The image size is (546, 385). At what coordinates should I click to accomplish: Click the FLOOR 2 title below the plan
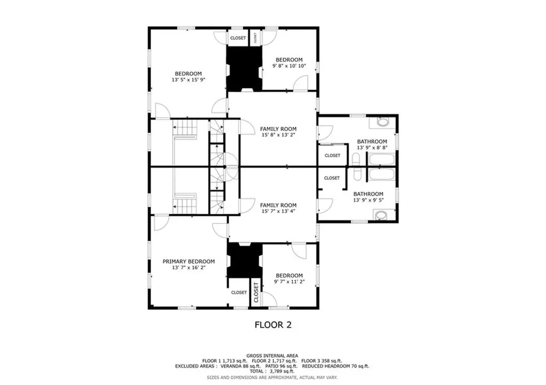click(x=273, y=325)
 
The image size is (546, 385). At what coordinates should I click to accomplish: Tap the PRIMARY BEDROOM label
click(x=189, y=261)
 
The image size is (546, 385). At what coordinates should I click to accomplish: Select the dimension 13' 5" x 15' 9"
click(x=188, y=79)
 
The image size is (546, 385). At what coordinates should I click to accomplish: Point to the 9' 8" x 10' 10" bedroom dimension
click(x=289, y=66)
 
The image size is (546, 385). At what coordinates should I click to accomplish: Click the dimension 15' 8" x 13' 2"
click(x=278, y=135)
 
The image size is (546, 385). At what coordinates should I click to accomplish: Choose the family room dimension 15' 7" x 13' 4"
click(x=278, y=211)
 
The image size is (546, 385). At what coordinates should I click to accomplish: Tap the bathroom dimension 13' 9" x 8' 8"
click(x=372, y=148)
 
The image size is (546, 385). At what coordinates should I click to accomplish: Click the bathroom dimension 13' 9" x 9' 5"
click(x=368, y=200)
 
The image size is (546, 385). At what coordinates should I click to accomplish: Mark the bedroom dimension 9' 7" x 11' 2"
click(x=290, y=282)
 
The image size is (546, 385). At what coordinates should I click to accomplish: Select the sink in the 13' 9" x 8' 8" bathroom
click(x=383, y=123)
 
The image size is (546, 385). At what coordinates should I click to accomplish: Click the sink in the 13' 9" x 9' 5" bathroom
click(x=381, y=215)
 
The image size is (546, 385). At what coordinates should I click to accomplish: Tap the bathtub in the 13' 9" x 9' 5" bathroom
click(x=381, y=174)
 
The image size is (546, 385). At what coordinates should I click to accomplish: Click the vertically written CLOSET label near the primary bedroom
click(x=256, y=292)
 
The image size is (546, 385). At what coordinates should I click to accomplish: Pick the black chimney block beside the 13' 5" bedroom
click(x=244, y=69)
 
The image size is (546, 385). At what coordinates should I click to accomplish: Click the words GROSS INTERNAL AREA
click(x=272, y=356)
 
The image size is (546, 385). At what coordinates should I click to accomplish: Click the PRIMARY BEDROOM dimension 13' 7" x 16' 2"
click(x=189, y=268)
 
